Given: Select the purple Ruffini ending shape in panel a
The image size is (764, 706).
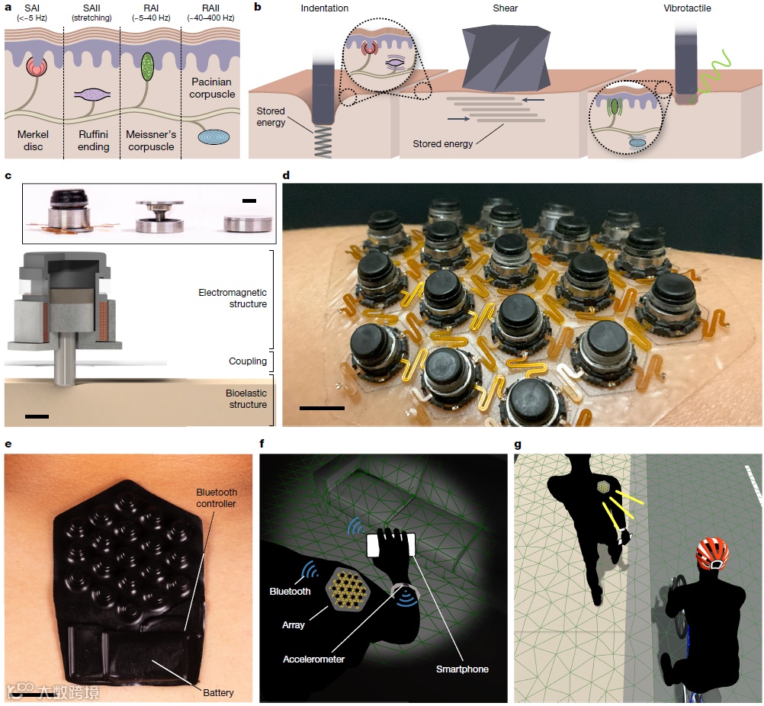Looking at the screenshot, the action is (92, 95).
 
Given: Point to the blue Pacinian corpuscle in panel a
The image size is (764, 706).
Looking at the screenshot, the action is (214, 137).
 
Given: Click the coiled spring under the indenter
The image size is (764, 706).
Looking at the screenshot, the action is (323, 141).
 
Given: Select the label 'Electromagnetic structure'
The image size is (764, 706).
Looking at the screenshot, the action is (233, 298).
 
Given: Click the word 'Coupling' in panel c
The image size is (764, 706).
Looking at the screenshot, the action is (248, 361).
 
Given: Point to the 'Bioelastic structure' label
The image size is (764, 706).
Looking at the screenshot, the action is (246, 399).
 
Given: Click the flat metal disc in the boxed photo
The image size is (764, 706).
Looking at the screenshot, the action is (248, 223).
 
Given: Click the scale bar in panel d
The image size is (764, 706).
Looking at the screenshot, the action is (322, 408).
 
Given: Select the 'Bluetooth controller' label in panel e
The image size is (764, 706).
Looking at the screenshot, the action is (217, 498).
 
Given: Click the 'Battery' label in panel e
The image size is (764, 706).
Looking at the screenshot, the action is (218, 692).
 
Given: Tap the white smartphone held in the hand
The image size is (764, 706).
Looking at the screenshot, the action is (391, 545).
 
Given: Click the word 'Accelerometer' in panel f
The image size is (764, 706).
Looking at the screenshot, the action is (314, 659).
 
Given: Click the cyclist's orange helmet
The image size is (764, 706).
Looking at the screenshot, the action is (712, 553).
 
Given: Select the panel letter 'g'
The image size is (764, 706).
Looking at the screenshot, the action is (518, 444).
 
